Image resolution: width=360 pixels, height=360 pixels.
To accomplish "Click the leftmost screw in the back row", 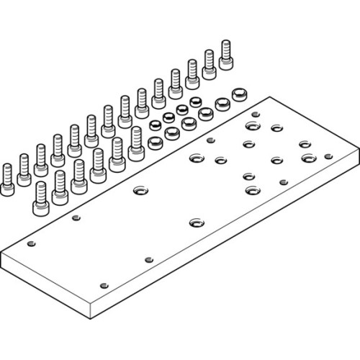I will click(x=7, y=176).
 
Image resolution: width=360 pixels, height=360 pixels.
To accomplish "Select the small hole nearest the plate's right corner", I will click(x=327, y=155).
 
